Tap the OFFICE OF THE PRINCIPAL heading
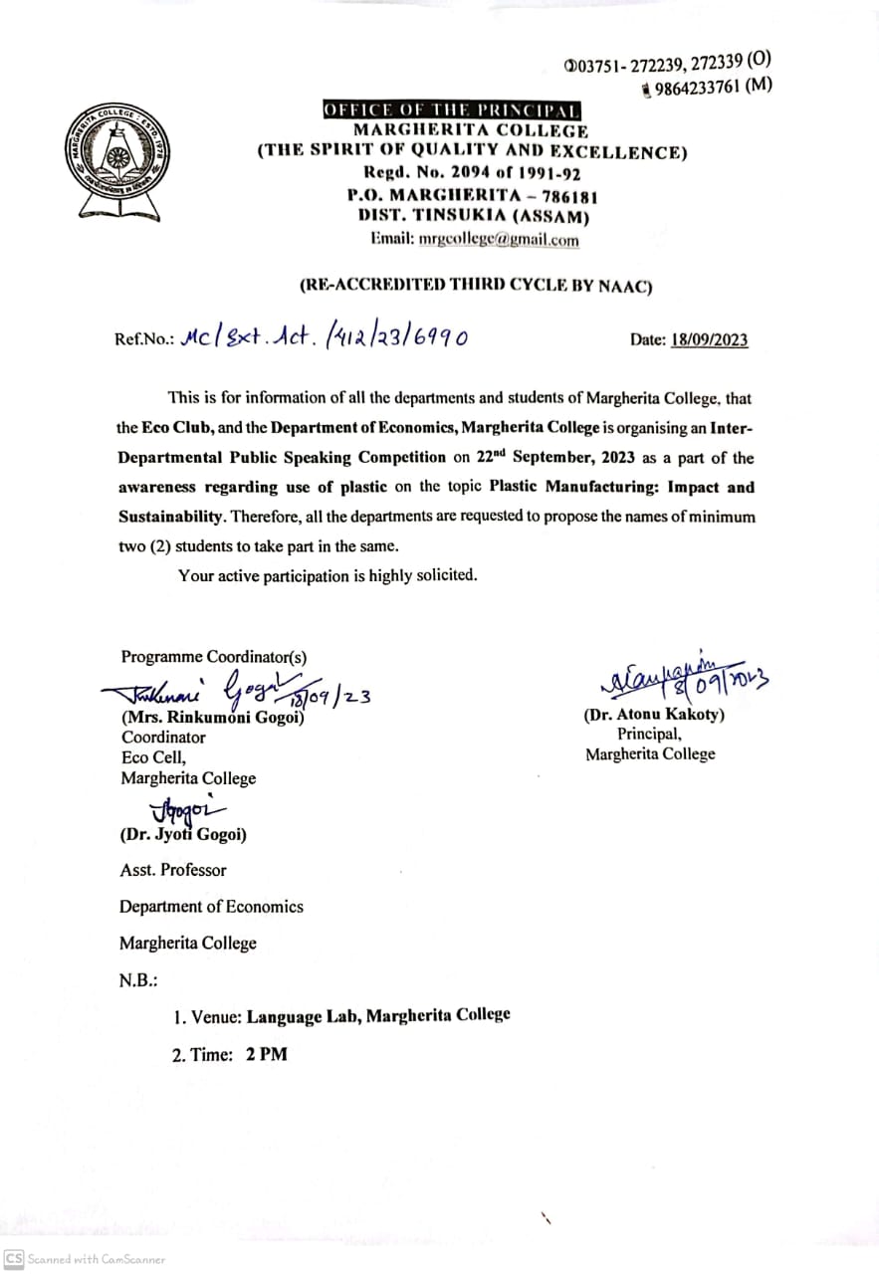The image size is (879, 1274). pos(452,110)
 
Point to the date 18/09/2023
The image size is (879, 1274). pos(709,340)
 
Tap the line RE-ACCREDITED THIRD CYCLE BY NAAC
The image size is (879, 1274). pos(476,285)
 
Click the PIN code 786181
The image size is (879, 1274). pos(563,197)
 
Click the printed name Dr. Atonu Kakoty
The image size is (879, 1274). pos(654,715)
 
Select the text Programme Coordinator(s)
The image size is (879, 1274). pos(214,657)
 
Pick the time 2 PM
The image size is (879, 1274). pos(266,1054)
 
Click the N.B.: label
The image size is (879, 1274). pos(138,980)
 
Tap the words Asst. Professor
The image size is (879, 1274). pos(173,870)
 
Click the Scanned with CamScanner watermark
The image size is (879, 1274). pos(86,1259)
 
